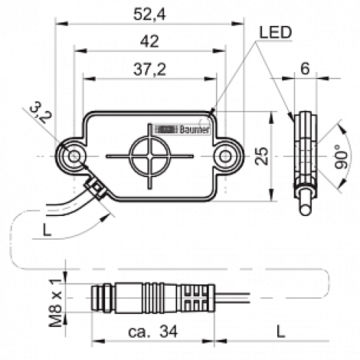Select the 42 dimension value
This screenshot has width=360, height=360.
pyautogui.click(x=149, y=42)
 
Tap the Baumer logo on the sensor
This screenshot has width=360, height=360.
pyautogui.click(x=181, y=129)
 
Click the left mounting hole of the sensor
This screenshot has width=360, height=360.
pyautogui.click(x=73, y=156)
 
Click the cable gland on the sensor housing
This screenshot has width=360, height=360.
pyautogui.click(x=93, y=189)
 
